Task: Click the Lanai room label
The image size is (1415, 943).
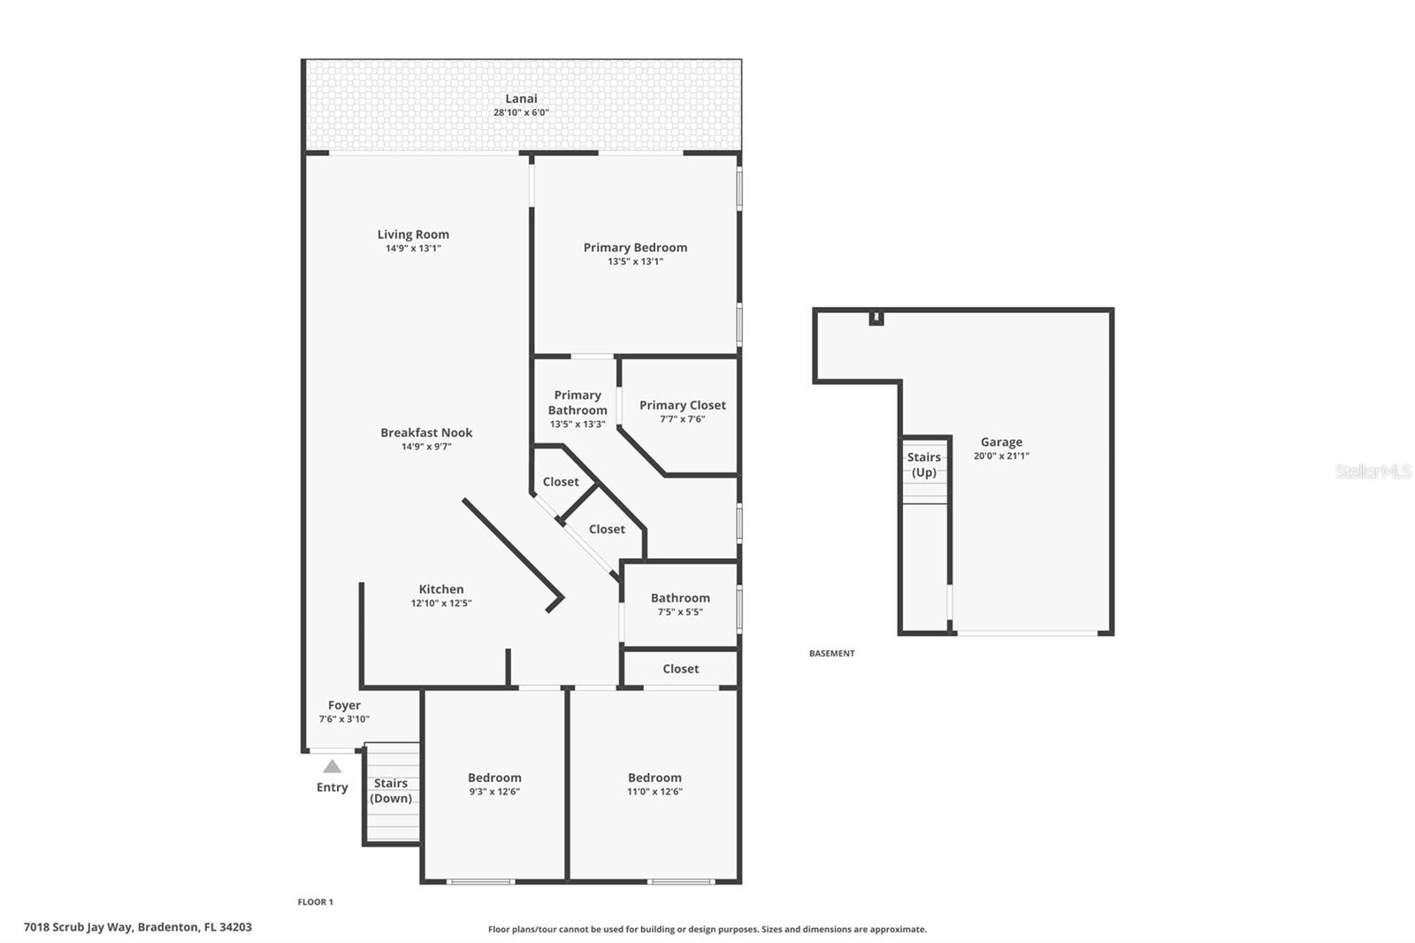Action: (x=521, y=99)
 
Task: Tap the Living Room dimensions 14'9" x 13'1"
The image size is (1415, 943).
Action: (x=413, y=249)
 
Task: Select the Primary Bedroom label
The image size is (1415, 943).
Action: (x=635, y=248)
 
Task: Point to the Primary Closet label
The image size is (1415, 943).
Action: (x=682, y=405)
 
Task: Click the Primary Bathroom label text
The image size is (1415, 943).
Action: (x=577, y=402)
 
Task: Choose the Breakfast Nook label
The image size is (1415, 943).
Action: (x=426, y=433)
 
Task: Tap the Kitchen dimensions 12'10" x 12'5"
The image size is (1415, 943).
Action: (x=440, y=603)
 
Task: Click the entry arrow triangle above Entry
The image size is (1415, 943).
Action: (x=332, y=766)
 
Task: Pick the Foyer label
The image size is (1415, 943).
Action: (x=344, y=705)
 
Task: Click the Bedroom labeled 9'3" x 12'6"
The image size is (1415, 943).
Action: (x=494, y=784)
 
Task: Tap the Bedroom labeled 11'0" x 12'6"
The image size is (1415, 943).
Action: (x=654, y=784)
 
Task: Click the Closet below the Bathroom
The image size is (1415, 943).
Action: (x=680, y=669)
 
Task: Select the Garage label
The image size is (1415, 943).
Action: (x=1001, y=442)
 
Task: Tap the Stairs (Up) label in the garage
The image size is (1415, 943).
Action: (x=923, y=464)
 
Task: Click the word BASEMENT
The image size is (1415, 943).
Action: (x=831, y=654)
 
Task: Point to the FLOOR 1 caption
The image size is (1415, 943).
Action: (x=315, y=902)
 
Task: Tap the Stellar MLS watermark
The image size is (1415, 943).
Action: (x=1373, y=471)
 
